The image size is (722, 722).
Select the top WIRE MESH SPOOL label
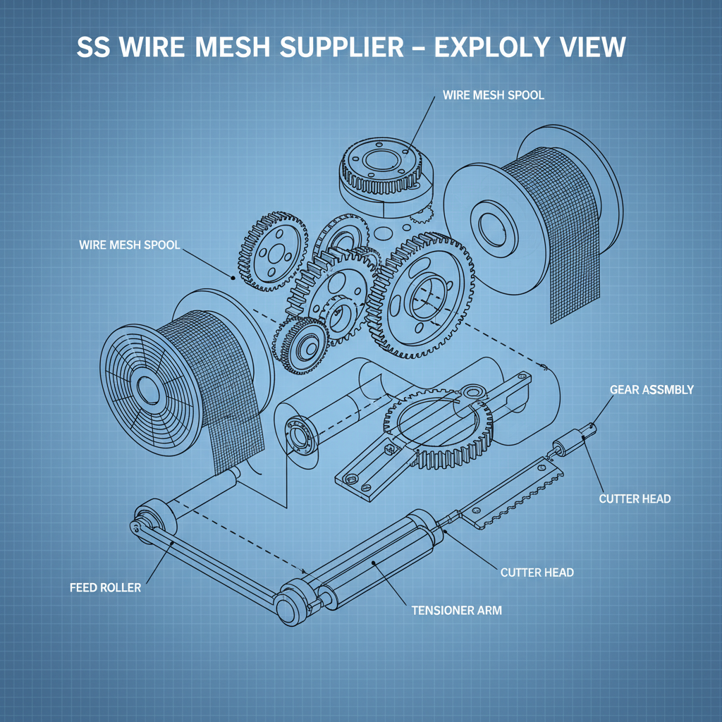pos(494,95)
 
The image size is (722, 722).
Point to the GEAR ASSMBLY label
pos(651,389)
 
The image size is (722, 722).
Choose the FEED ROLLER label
pos(106,587)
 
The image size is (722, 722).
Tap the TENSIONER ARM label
pos(456,610)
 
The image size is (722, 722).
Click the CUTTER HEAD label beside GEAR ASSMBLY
pos(635,498)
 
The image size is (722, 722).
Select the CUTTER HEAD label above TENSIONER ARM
pos(537,572)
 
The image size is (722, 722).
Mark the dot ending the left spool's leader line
pos(233,278)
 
